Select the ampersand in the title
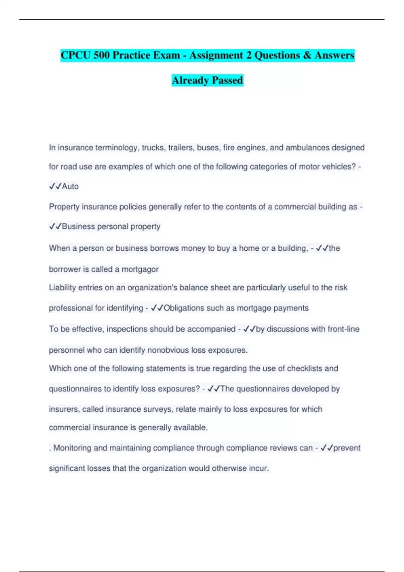pos(307,55)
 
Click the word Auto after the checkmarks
pos(70,186)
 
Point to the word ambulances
pos(307,148)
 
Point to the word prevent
pos(347,448)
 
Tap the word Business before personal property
pos(78,226)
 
